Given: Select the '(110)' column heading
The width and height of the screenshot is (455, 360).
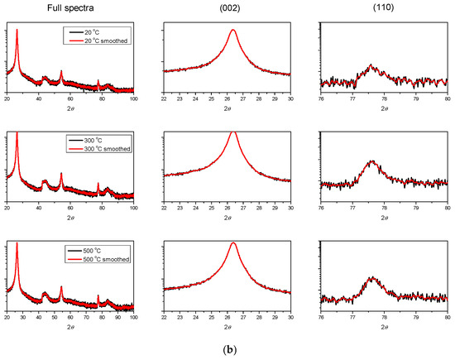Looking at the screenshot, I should [383, 7].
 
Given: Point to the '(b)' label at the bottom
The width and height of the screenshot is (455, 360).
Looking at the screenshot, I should [227, 350].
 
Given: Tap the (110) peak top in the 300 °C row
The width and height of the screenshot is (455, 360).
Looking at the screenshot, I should [371, 161].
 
